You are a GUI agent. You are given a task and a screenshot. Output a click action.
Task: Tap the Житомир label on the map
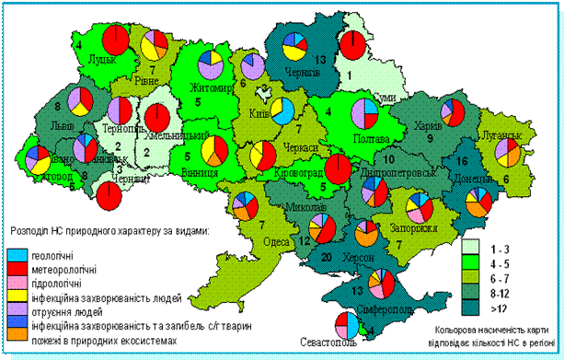(x=208, y=88)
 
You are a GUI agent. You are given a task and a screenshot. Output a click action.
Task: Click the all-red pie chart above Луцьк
(x=115, y=41)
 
